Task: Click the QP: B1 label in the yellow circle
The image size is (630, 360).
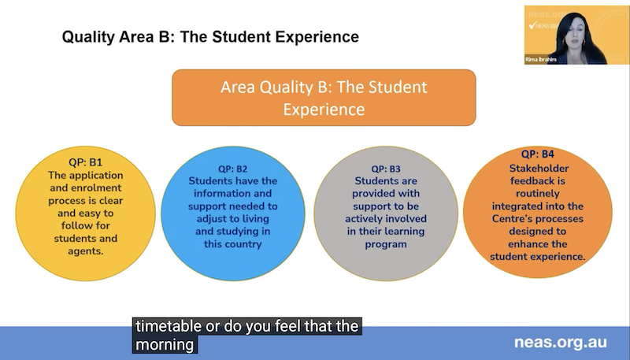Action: click(85, 162)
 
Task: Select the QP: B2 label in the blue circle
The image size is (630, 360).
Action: click(232, 169)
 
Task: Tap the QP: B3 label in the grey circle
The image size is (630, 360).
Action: click(386, 169)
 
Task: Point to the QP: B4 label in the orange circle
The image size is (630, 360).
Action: click(538, 154)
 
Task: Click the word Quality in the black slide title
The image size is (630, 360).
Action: click(88, 37)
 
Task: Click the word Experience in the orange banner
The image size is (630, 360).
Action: click(324, 109)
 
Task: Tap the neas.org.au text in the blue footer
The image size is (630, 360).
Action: click(561, 343)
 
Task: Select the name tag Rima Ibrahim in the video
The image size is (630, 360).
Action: click(541, 59)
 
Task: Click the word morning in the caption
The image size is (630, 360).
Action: click(165, 345)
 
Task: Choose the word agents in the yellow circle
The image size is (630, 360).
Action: click(85, 251)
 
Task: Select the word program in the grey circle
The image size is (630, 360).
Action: click(386, 244)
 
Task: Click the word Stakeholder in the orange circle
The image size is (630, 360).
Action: click(539, 169)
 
